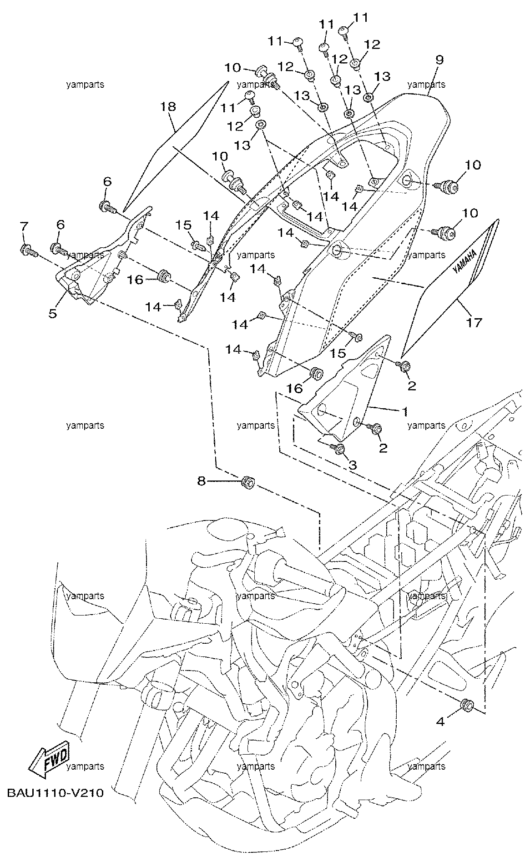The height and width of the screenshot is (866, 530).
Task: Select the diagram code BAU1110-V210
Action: click(56, 794)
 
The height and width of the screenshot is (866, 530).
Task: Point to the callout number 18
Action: click(168, 107)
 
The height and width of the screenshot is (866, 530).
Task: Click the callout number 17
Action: click(473, 323)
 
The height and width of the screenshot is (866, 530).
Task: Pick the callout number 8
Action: click(202, 481)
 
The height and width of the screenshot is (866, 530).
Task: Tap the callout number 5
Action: click(53, 314)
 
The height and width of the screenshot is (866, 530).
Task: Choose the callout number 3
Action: click(353, 465)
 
